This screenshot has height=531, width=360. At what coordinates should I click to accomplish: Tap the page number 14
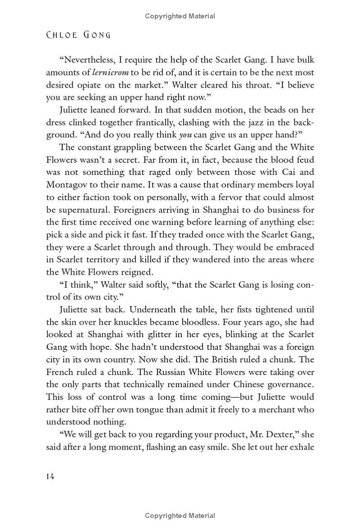coord(50,476)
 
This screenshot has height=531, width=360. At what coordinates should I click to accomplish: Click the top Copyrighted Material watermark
coord(180,16)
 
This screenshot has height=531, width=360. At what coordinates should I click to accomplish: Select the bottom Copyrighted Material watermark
coord(180,516)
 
